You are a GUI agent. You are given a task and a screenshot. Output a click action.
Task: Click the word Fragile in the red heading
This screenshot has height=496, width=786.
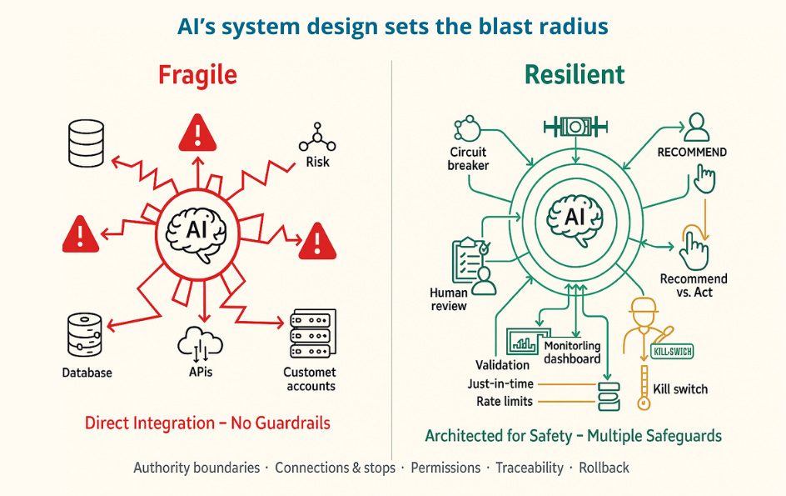tap(197, 75)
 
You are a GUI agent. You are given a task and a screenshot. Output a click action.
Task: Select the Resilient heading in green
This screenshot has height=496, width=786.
tap(575, 75)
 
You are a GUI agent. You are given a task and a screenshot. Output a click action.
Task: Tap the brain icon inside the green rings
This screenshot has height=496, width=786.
tap(575, 218)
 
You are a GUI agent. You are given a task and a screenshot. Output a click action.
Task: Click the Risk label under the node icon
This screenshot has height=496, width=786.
tap(317, 162)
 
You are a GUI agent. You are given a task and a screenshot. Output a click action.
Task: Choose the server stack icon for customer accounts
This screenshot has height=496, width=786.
tap(311, 335)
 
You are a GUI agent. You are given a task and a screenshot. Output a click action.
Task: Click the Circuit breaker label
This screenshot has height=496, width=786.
tap(469, 159)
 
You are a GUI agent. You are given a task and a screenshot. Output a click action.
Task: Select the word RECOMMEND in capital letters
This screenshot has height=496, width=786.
tap(692, 153)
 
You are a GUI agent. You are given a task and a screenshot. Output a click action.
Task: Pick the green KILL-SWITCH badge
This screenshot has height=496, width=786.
tap(673, 352)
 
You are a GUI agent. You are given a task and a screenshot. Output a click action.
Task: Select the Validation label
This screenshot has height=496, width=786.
tap(502, 364)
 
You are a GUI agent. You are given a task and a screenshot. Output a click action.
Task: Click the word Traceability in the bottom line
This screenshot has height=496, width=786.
tap(530, 468)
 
